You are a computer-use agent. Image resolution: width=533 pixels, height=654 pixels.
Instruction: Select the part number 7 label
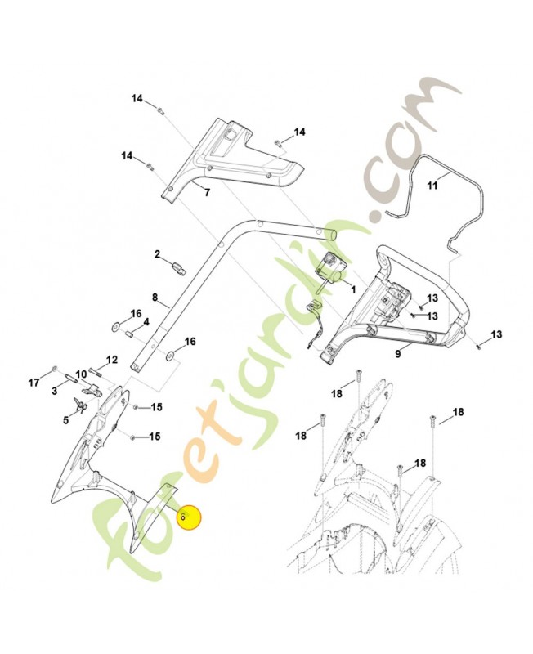click(x=207, y=193)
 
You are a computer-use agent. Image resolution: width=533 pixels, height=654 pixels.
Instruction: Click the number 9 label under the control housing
click(x=398, y=354)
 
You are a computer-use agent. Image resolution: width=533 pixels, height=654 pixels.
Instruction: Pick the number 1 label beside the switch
click(x=352, y=289)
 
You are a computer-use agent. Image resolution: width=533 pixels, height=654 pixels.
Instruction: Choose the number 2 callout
click(x=158, y=255)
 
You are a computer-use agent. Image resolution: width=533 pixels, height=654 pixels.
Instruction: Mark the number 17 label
click(x=34, y=383)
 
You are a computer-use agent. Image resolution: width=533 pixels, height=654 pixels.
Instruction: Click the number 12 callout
click(x=112, y=360)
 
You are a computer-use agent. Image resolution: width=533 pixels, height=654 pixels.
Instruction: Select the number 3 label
click(x=54, y=392)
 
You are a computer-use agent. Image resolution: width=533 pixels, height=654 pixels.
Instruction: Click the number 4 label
click(x=146, y=322)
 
